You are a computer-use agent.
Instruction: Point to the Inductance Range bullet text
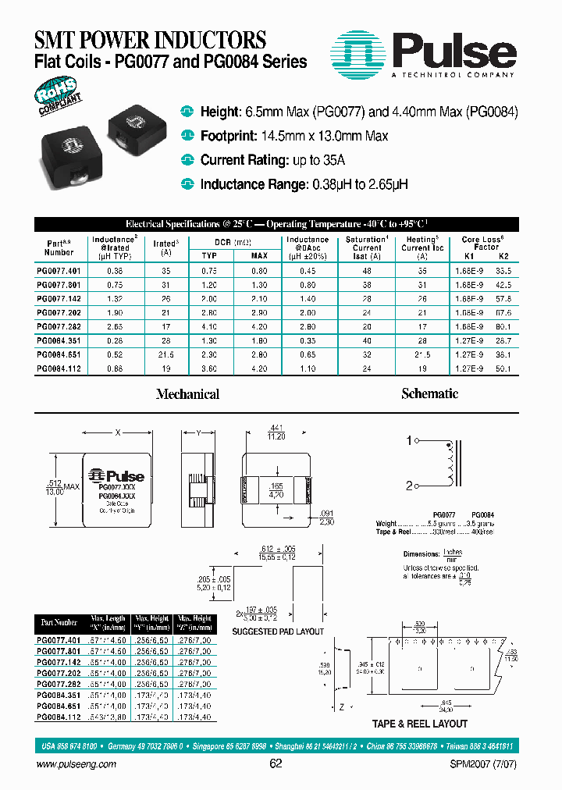pyautogui.click(x=253, y=184)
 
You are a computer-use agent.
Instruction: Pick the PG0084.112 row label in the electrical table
pyautogui.click(x=59, y=368)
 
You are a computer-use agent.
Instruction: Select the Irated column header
pyautogui.click(x=165, y=247)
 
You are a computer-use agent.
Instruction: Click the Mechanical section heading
pyautogui.click(x=187, y=394)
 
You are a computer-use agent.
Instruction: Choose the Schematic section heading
pyautogui.click(x=429, y=393)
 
